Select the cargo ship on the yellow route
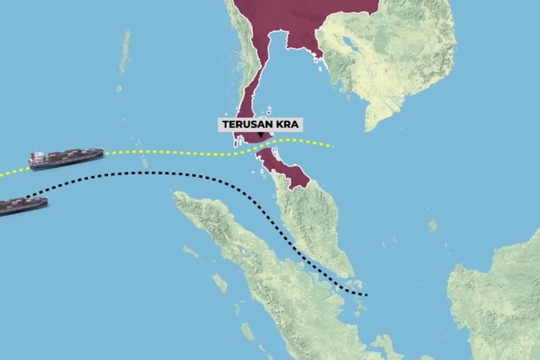click(x=66, y=158)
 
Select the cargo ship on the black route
click(x=23, y=206)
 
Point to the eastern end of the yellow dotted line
click(x=332, y=146)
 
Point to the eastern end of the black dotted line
click(x=366, y=294)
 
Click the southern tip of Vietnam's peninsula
click(x=368, y=128)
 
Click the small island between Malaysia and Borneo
click(x=432, y=225)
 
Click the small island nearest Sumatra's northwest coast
click(x=190, y=251)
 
